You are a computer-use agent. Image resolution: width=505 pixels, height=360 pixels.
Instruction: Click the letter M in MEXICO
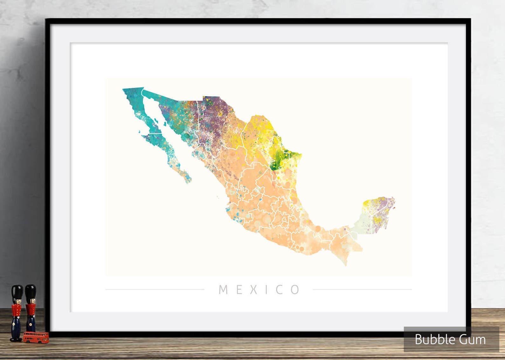pos(223,290)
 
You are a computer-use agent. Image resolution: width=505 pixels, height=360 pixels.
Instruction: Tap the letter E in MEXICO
pos(239,290)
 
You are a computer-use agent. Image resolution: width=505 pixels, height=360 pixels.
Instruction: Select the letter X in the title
pos(253,290)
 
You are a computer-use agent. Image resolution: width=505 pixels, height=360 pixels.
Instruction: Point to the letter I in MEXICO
pos(266,290)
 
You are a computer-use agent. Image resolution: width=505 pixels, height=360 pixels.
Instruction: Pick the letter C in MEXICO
pos(280,290)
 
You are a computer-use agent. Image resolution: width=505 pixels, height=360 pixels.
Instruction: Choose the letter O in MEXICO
pos(295,290)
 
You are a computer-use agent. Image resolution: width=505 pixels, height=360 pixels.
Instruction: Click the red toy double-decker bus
pos(36,337)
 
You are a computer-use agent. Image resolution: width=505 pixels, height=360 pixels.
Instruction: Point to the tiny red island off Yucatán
pos(394,208)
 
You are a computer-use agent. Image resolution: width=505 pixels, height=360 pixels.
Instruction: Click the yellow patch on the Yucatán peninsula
pos(369,203)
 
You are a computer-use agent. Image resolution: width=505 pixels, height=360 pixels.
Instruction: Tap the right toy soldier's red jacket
pos(31,310)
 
